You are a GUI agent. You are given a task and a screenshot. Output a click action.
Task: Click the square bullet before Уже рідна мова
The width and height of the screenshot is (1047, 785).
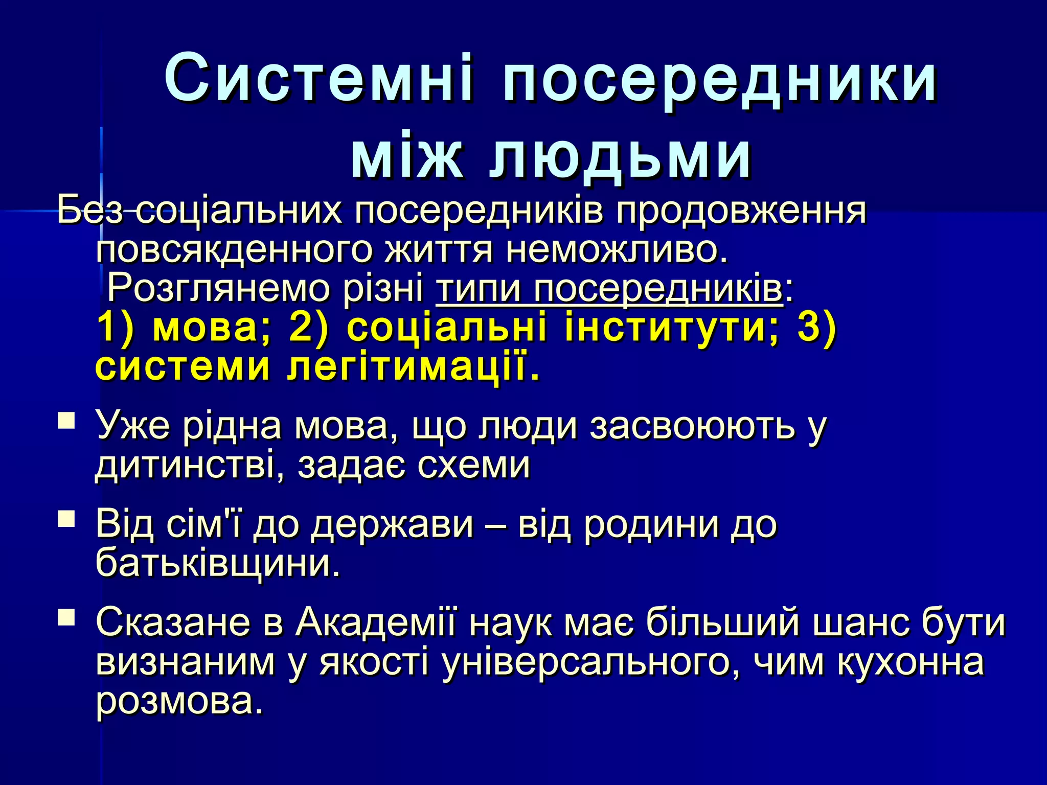tap(66, 422)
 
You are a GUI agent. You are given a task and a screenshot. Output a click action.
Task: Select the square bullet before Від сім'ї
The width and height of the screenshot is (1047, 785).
tap(66, 520)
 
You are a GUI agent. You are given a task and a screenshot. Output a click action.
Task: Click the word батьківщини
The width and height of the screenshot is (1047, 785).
tap(218, 564)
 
